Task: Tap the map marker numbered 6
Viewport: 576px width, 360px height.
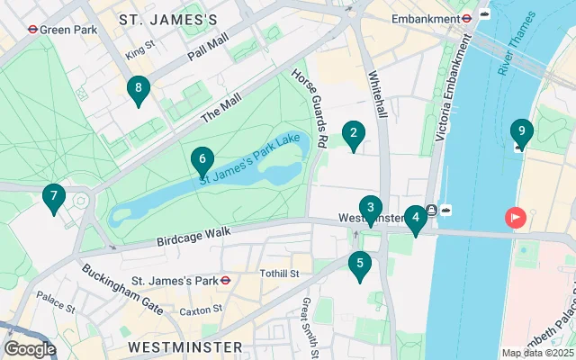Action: [x=202, y=160]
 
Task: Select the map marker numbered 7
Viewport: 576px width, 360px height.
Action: [x=54, y=197]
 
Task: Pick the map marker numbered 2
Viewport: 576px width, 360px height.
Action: [x=353, y=136]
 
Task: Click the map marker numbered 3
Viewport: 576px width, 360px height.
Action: [x=370, y=209]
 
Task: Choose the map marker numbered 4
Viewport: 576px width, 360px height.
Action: [x=414, y=219]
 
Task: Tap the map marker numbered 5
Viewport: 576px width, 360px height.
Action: [x=360, y=265]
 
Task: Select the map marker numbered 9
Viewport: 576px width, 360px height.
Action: [x=521, y=133]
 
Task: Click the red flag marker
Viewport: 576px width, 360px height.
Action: [x=516, y=218]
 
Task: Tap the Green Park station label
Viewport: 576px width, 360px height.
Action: [x=64, y=28]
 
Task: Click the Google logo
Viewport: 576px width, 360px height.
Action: [x=30, y=348]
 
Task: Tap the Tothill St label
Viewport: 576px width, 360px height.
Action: [x=280, y=274]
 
